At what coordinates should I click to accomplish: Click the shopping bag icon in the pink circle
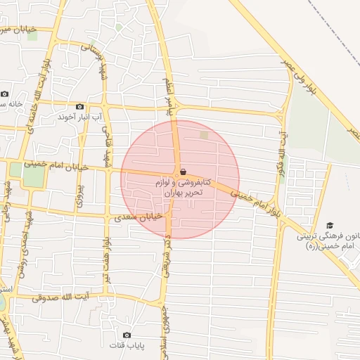183,172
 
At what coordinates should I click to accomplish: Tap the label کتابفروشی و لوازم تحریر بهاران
183,187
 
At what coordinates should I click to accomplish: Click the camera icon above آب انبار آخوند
79,106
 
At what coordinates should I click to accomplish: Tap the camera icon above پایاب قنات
127,335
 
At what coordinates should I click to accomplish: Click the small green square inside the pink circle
204,134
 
